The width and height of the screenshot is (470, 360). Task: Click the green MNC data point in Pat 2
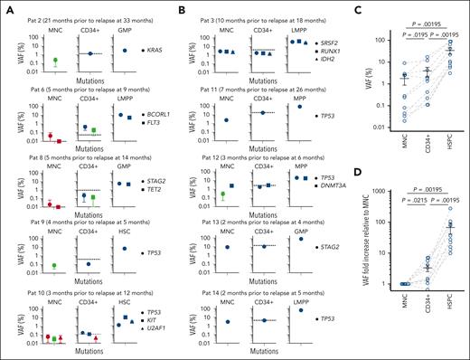click(55, 61)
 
